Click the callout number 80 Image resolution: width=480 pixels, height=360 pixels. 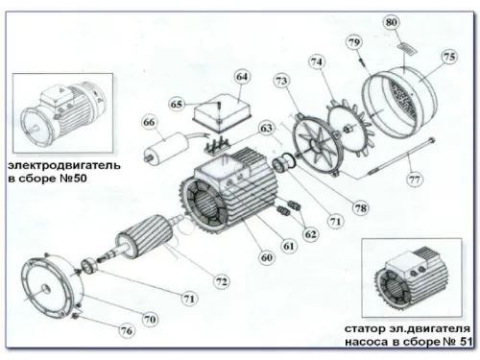[392, 21]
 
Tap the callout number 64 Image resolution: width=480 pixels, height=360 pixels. [241, 76]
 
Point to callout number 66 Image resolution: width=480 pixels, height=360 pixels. [149, 122]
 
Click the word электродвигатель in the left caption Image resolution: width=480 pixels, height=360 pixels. [63, 165]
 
